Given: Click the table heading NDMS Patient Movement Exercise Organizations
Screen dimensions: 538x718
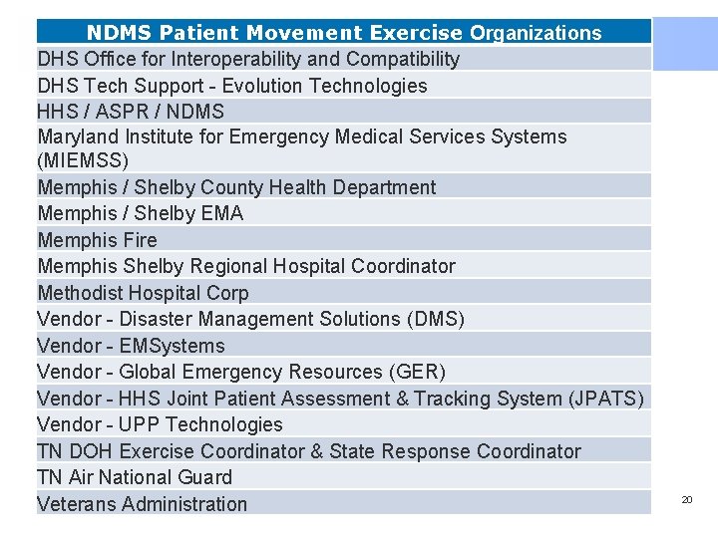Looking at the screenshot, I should tap(343, 33).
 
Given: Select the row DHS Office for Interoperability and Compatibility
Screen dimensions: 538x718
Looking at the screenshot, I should tap(248, 59).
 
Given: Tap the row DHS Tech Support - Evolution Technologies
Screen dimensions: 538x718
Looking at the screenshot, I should tap(232, 86).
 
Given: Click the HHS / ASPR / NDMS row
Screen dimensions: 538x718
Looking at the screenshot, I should tap(131, 112).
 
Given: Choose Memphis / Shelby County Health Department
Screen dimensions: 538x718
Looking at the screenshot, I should tap(236, 187).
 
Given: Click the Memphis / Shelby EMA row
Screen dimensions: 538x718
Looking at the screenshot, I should tap(140, 213).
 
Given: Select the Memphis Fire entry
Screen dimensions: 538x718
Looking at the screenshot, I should tap(97, 240).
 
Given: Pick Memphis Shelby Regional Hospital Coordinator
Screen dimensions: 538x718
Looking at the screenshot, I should tap(246, 266).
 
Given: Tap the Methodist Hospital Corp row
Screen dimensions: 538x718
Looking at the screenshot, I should tap(143, 293).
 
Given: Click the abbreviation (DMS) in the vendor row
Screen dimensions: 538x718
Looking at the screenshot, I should tap(435, 319).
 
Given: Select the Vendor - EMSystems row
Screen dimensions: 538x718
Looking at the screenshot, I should tap(131, 346).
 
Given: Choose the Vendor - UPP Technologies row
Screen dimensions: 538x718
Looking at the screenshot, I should tap(160, 424).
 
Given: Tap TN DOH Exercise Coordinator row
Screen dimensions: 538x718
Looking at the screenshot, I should tap(309, 451).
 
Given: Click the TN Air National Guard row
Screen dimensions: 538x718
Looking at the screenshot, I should tap(135, 477).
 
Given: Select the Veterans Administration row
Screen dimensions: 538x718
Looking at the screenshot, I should tap(142, 504).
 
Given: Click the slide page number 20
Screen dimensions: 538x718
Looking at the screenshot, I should tap(686, 499).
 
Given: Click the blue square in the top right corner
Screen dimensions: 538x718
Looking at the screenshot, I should tap(685, 44).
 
